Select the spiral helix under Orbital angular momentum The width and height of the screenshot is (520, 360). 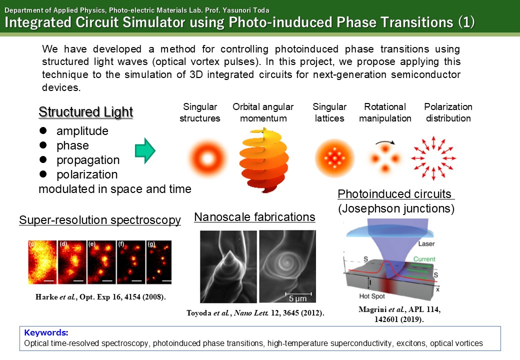(x=264, y=160)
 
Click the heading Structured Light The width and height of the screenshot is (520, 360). (x=86, y=112)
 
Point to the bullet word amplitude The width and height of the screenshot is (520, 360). (x=82, y=131)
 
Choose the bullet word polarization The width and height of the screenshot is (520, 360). (x=87, y=174)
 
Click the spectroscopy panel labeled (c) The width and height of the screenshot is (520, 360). (x=42, y=262)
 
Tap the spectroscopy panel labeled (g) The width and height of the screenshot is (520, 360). (x=159, y=262)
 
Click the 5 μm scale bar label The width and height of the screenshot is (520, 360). (x=297, y=298)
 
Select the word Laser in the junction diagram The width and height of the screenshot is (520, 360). (x=426, y=243)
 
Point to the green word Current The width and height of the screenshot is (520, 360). (x=424, y=259)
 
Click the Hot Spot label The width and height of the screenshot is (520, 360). (x=372, y=296)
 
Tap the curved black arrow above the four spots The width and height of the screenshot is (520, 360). (x=385, y=142)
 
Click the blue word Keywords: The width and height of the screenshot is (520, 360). (x=46, y=332)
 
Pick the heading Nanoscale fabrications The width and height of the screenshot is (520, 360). (x=254, y=217)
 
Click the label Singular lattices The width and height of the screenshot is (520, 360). (x=329, y=112)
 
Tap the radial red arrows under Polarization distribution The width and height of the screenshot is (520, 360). (x=433, y=158)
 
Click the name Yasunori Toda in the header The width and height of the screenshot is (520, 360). (x=245, y=10)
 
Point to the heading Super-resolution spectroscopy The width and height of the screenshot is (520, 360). (x=100, y=220)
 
